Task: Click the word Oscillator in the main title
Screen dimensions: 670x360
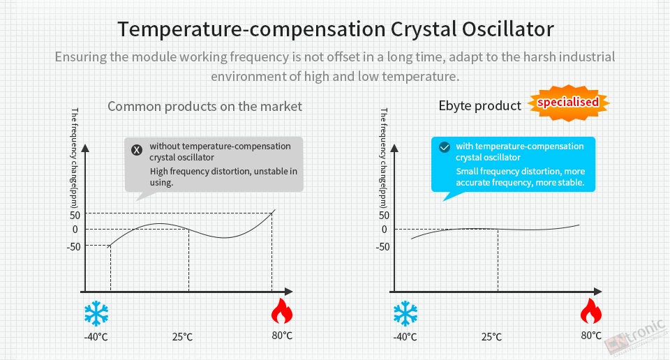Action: (x=507, y=29)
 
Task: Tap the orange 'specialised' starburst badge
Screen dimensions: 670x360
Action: (x=568, y=103)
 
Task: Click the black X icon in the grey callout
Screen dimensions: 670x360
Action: (x=137, y=150)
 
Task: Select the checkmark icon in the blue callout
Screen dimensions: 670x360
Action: (x=445, y=147)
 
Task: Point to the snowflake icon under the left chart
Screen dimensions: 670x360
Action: (x=96, y=313)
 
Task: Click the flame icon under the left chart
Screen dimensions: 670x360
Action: (x=282, y=311)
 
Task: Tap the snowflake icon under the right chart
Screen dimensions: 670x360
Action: (x=405, y=313)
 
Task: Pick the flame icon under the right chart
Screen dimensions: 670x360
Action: (x=591, y=311)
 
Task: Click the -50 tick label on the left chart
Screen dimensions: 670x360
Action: (x=73, y=247)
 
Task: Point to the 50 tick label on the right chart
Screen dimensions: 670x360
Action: (x=384, y=215)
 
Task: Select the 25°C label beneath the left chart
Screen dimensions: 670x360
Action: (x=182, y=337)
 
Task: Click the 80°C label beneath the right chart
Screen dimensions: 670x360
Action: (x=591, y=336)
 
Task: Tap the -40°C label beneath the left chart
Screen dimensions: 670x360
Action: (x=96, y=337)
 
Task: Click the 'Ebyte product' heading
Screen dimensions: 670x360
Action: (x=480, y=106)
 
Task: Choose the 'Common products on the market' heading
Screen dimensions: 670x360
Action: (x=204, y=106)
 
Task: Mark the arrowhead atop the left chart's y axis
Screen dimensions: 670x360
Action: (x=85, y=148)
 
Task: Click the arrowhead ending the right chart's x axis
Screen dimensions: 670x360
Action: (x=597, y=292)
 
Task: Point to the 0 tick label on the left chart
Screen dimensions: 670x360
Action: (x=75, y=230)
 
